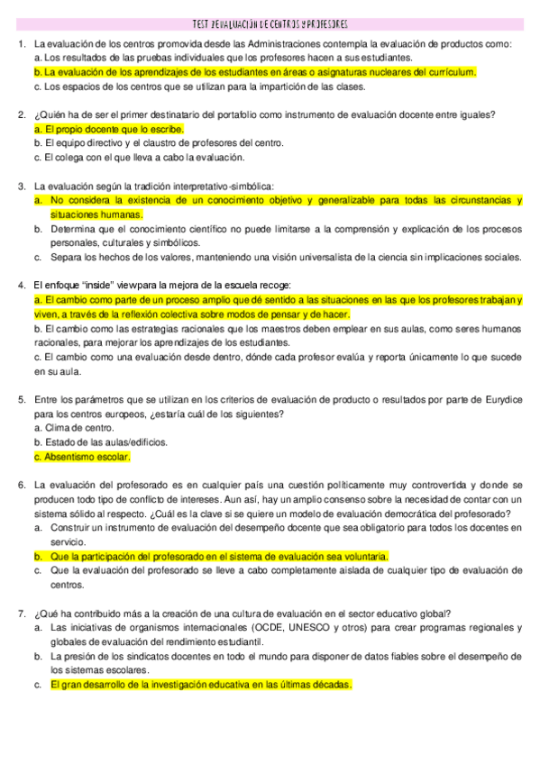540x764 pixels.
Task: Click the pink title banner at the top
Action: pyautogui.click(x=270, y=24)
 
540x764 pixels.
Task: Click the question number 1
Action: pyautogui.click(x=21, y=44)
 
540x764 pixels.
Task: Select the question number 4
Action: pyautogui.click(x=21, y=285)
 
